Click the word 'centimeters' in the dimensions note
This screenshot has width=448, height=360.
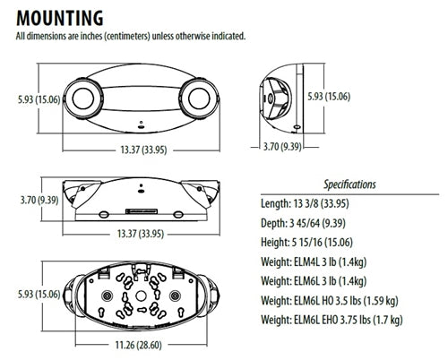137,36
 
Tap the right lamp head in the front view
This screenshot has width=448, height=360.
199,96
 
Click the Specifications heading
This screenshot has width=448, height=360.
349,184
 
